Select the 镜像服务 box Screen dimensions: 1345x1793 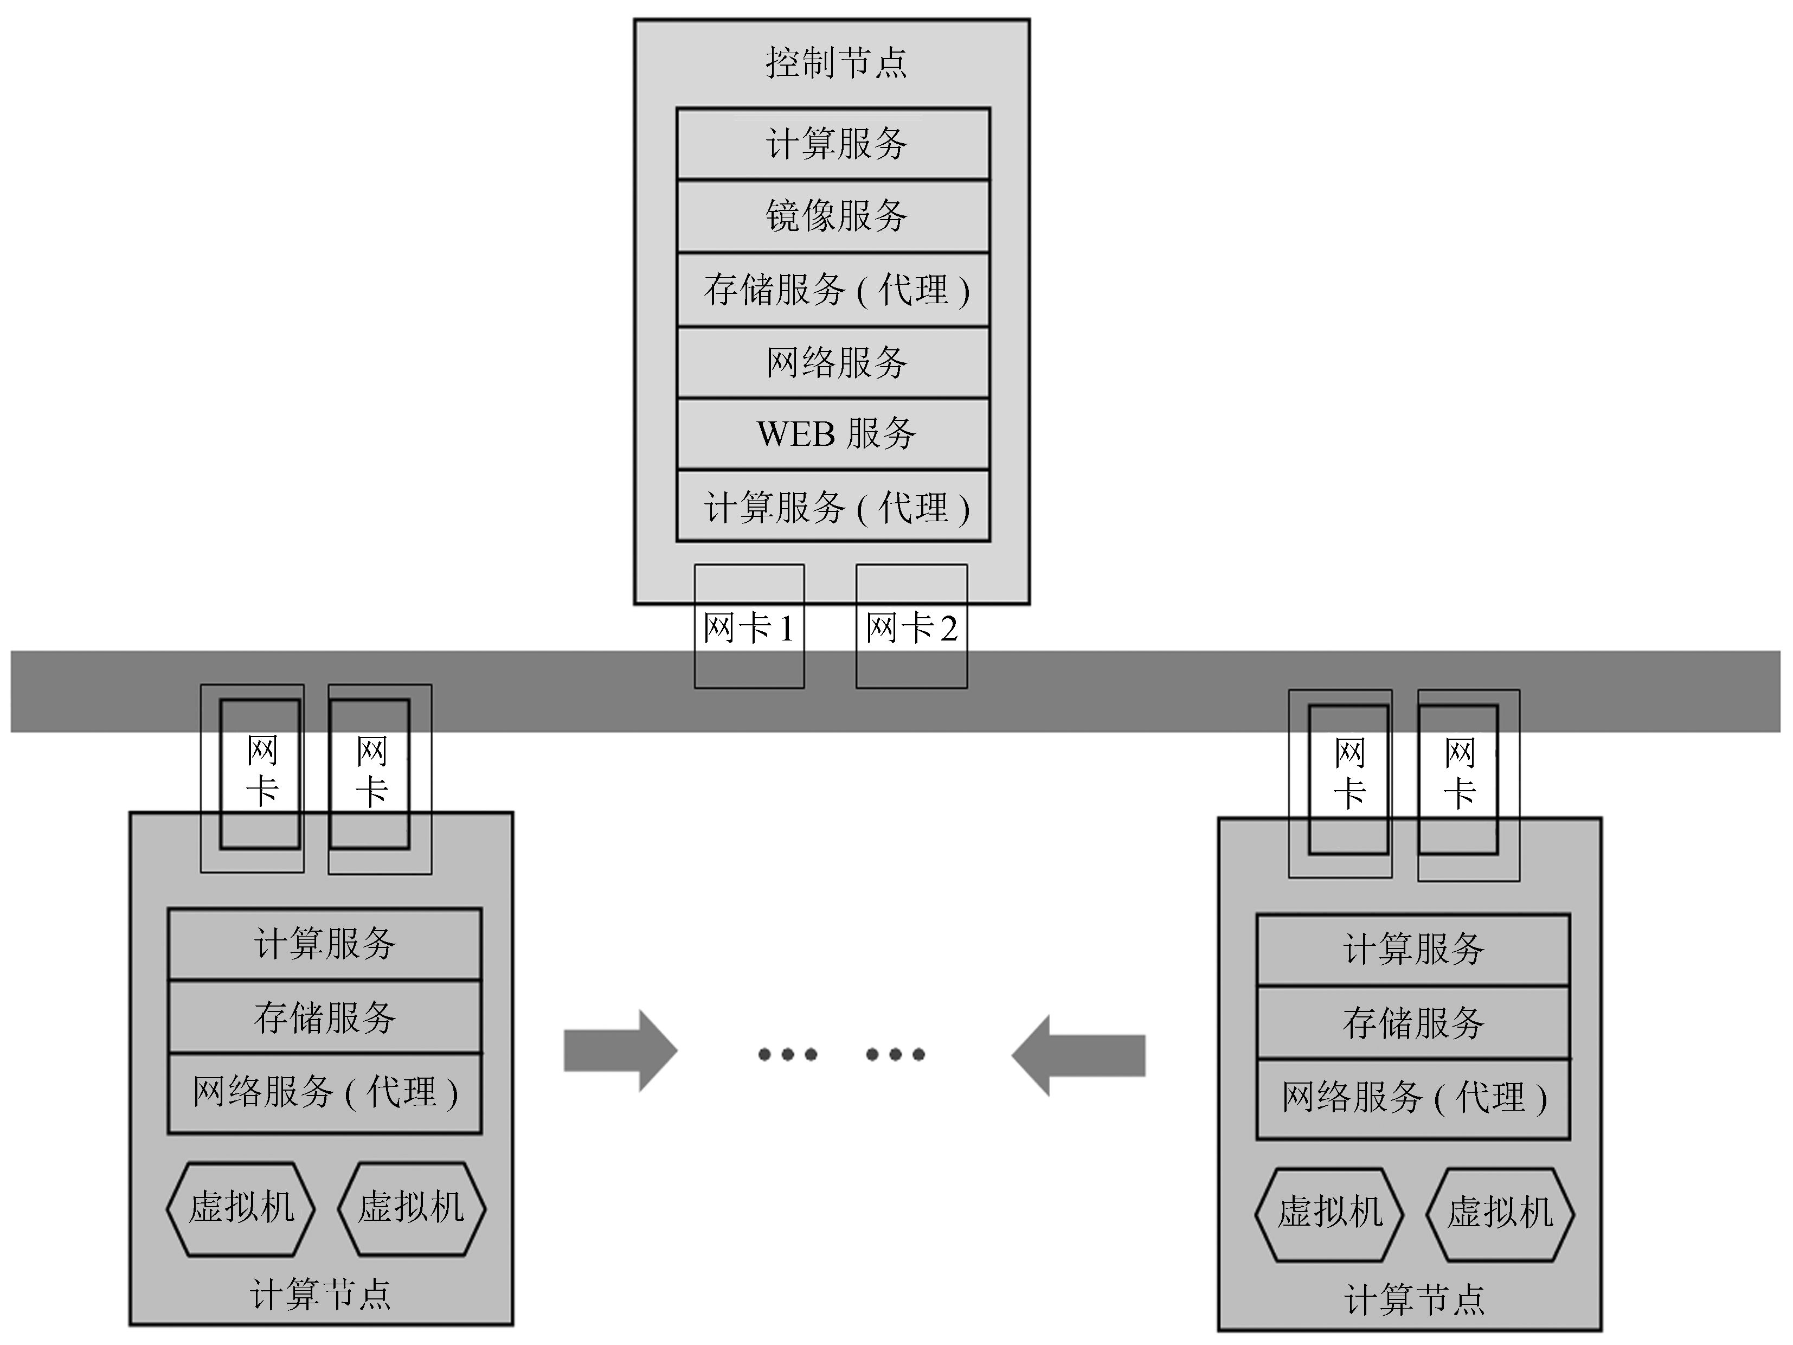833,216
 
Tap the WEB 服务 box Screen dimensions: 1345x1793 833,434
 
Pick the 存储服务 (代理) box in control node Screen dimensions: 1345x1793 833,290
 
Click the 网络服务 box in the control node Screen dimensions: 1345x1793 833,362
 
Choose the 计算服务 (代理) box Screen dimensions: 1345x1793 833,507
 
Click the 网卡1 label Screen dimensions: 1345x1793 748,629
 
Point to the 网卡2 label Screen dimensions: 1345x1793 911,629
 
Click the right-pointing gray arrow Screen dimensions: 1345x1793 620,1051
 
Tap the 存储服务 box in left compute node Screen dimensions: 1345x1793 324,1017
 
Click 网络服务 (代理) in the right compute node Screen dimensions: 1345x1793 1413,1098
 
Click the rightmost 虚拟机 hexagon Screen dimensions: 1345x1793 1500,1214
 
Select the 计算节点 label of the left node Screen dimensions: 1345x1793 321,1295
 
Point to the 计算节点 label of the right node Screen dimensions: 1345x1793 1413,1299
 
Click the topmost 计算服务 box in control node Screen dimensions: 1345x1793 833,144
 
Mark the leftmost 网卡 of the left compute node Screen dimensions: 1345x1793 261,773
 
